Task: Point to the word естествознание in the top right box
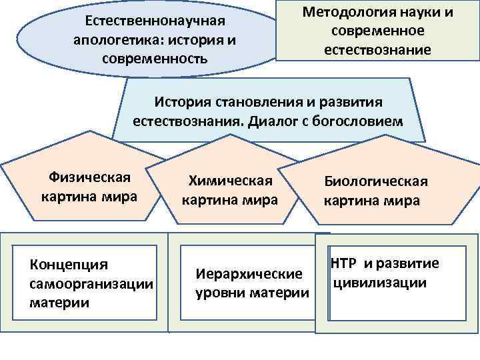click(x=377, y=50)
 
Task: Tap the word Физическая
click(x=89, y=178)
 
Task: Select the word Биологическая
click(x=376, y=181)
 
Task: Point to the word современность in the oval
click(x=155, y=58)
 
